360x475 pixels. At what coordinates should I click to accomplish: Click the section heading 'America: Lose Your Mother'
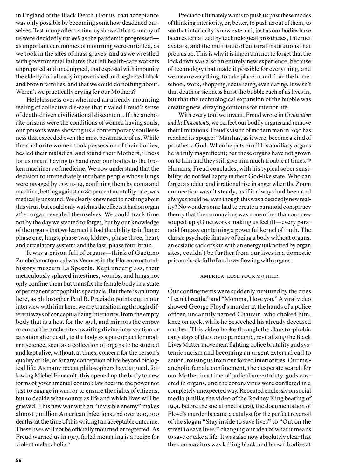click(239, 276)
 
